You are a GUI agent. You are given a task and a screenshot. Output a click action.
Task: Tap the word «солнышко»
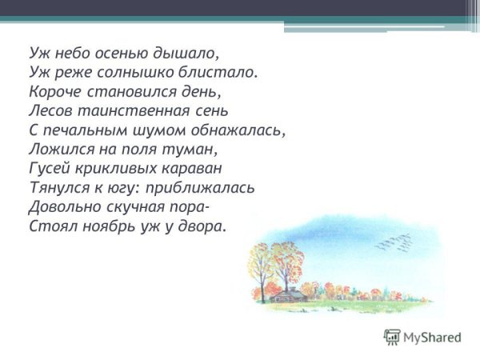tap(141, 72)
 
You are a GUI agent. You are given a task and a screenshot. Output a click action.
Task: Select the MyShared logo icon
tap(392, 337)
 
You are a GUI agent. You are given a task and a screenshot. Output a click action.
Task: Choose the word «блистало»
tap(224, 72)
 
